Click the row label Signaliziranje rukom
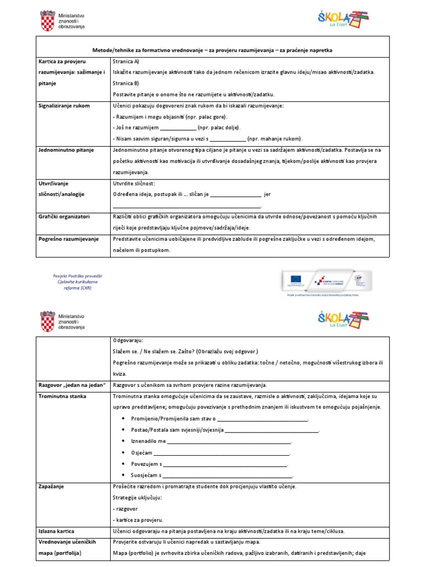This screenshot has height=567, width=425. click(x=64, y=105)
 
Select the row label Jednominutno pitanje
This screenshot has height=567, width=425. click(x=65, y=150)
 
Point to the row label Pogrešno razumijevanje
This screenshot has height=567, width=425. click(x=68, y=239)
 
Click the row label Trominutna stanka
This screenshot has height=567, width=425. click(x=63, y=396)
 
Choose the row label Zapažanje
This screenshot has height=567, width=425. click(x=51, y=486)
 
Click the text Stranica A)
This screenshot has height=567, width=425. click(x=126, y=61)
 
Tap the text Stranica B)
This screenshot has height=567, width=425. click(x=126, y=83)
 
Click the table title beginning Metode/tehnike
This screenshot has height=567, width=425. click(x=212, y=50)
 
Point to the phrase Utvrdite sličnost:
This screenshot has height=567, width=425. click(x=134, y=183)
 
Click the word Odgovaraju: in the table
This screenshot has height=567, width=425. click(x=128, y=341)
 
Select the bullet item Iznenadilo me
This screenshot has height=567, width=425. click(x=148, y=441)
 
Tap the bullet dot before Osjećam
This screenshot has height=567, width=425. click(x=123, y=453)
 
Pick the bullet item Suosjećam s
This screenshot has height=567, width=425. click(x=146, y=475)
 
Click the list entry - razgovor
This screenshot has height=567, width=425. click(x=125, y=508)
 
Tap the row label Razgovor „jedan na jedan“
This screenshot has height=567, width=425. click(x=71, y=385)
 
